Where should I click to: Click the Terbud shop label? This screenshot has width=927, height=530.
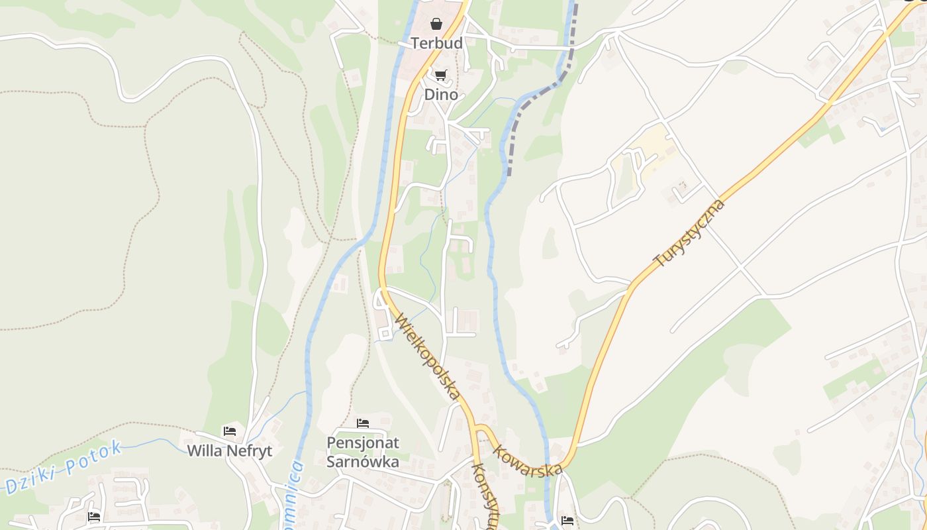click(x=436, y=43)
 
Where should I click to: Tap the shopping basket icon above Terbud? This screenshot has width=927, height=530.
click(x=436, y=25)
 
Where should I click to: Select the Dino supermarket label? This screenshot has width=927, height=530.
click(x=441, y=94)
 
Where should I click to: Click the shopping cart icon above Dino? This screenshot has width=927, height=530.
click(x=441, y=76)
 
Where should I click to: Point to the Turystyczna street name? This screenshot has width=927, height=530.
click(x=689, y=233)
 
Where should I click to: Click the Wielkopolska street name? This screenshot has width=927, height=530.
click(x=427, y=356)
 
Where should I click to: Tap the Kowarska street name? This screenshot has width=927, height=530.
click(x=528, y=460)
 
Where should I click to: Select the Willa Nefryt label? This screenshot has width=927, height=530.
click(x=230, y=450)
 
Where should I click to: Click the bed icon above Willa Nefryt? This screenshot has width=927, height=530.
click(x=230, y=431)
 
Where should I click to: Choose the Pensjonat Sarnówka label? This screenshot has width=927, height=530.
click(x=363, y=451)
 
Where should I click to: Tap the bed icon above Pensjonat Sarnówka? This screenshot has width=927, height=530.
click(x=363, y=423)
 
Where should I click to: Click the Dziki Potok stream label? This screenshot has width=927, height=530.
click(x=62, y=468)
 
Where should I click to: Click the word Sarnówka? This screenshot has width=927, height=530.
click(x=363, y=461)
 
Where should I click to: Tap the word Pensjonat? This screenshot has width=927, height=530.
click(x=363, y=442)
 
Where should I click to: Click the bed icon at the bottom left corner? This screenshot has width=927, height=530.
click(x=95, y=517)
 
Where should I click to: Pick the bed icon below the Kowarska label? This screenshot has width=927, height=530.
click(x=567, y=521)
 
